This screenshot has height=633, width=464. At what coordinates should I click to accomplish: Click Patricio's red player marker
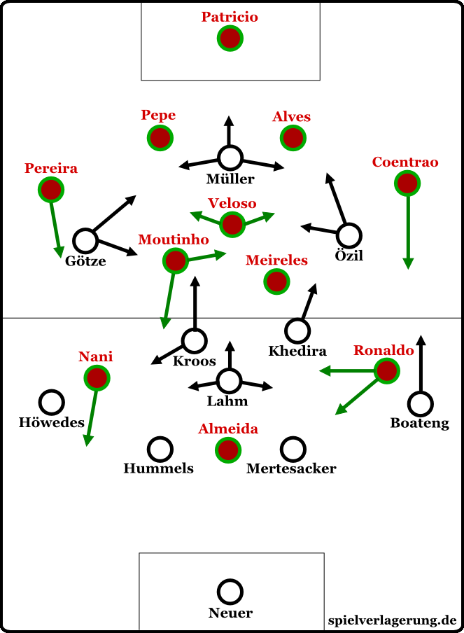click(x=230, y=39)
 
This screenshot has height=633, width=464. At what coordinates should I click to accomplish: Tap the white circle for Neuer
click(x=230, y=592)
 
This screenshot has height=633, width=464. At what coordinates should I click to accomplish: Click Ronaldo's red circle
click(x=386, y=370)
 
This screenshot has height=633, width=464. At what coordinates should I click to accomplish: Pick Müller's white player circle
click(x=230, y=158)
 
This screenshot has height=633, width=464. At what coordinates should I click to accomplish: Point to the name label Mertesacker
click(x=291, y=468)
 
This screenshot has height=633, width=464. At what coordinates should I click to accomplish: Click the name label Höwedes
click(x=52, y=422)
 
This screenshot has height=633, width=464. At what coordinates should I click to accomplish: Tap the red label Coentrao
click(x=405, y=162)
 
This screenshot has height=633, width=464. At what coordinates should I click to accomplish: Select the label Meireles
click(x=277, y=260)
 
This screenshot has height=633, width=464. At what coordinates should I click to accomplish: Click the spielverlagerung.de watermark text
click(x=392, y=620)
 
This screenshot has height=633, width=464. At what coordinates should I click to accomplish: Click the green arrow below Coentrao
click(x=408, y=231)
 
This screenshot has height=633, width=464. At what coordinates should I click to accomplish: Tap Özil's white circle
click(x=349, y=236)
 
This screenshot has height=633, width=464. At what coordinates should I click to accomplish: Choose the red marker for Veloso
click(x=232, y=225)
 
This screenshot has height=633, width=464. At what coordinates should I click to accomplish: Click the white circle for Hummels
click(x=160, y=449)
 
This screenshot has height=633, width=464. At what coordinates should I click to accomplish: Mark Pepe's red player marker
click(x=160, y=137)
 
